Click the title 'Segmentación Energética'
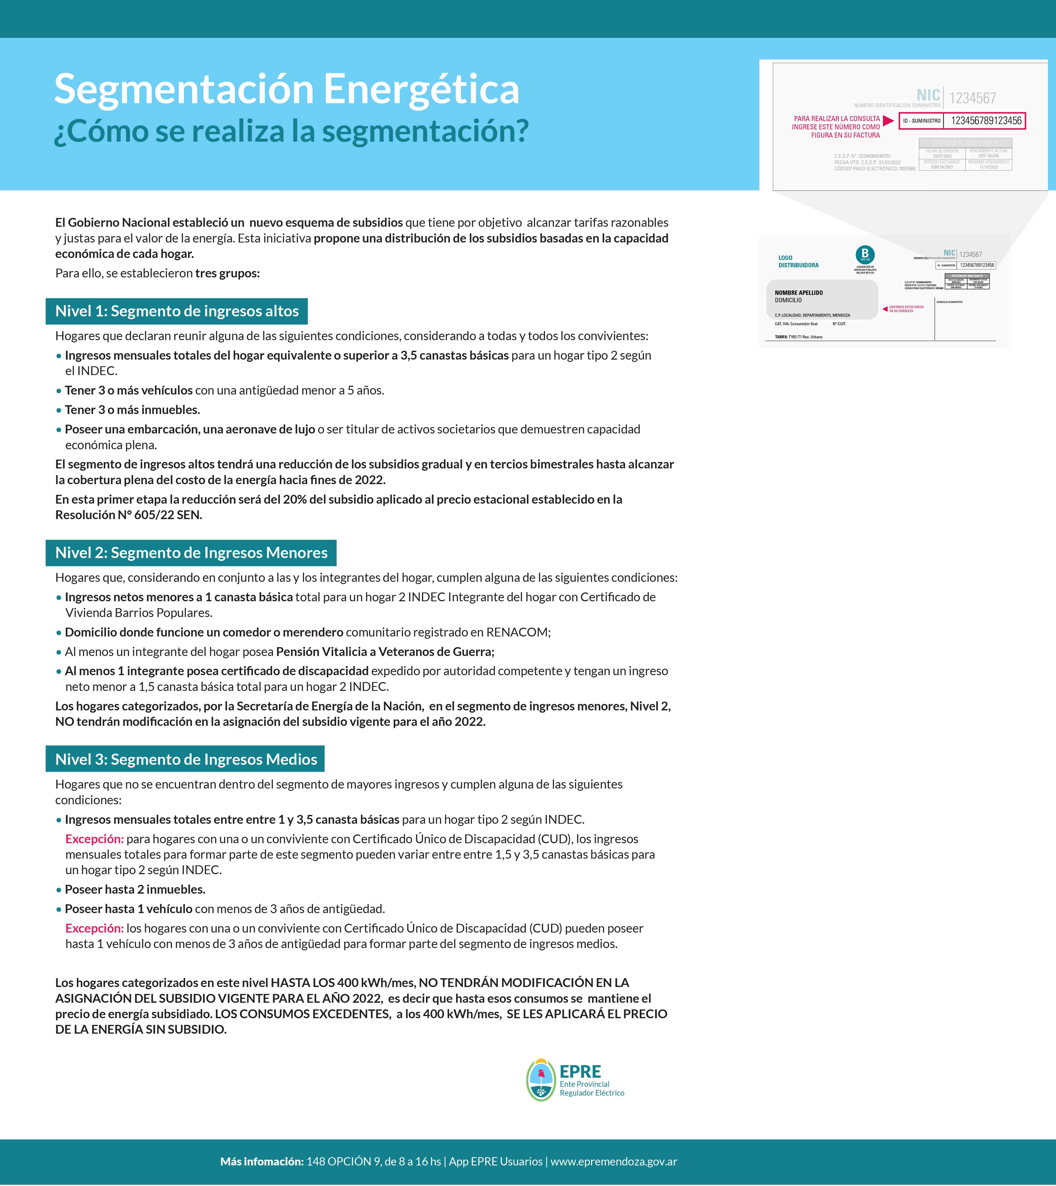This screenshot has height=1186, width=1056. tap(287, 89)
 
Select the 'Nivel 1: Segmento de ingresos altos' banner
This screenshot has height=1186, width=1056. tap(176, 312)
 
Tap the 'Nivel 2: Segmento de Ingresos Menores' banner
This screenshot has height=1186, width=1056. tap(191, 553)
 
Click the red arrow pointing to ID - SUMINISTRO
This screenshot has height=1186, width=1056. tap(888, 121)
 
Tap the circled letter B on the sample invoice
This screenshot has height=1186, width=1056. tap(864, 254)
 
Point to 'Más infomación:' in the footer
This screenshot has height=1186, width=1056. tap(262, 1162)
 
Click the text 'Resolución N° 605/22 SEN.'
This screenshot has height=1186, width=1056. tap(128, 515)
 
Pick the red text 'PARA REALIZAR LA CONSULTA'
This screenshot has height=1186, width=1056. tap(837, 118)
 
